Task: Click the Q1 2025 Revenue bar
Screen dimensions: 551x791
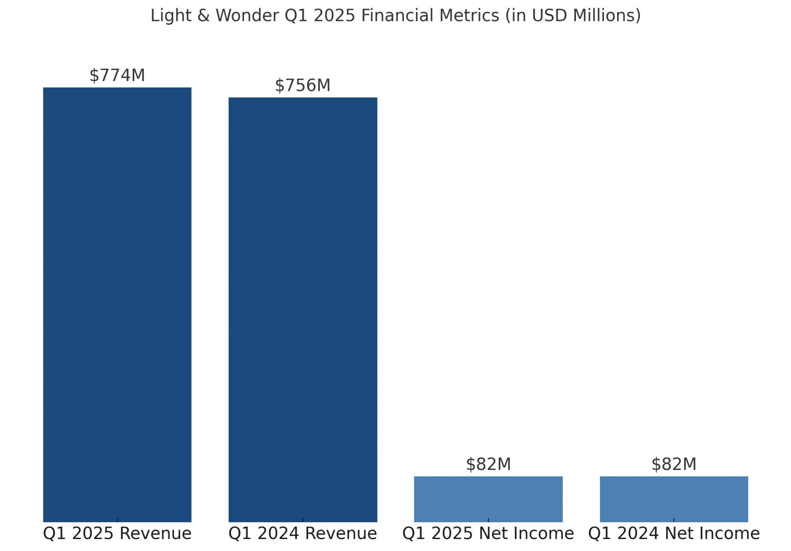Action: tap(117, 305)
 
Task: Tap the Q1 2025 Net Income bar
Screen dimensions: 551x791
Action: tap(488, 499)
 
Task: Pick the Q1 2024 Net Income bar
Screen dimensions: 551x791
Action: tap(674, 499)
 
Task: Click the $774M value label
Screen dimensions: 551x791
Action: tap(117, 75)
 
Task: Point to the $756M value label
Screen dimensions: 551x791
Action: tap(303, 85)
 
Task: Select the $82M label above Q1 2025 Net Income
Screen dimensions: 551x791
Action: tap(488, 464)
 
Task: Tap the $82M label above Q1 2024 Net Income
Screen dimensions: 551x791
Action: tap(674, 464)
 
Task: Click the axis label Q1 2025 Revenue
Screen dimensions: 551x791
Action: tap(117, 533)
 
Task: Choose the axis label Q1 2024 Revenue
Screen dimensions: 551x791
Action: tap(303, 533)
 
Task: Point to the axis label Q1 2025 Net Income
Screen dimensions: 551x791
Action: tap(488, 533)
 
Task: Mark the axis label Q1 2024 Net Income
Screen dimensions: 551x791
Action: tap(674, 533)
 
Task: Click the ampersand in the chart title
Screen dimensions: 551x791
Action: tap(203, 16)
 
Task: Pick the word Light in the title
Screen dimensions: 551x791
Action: tap(171, 16)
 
